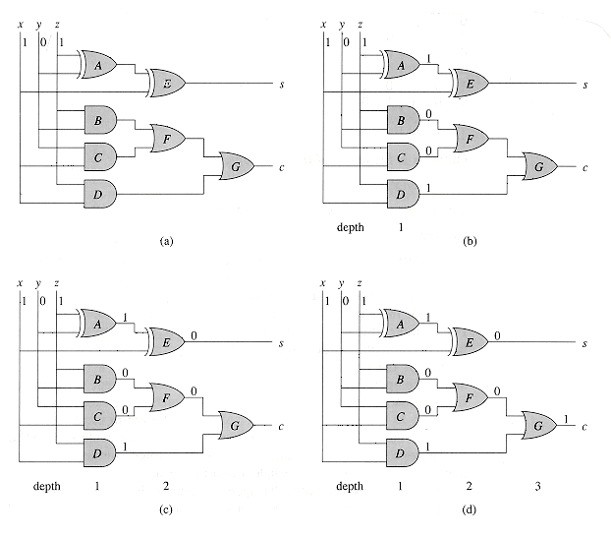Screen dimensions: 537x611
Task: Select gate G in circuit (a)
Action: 237,167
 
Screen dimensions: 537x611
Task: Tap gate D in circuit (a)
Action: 99,193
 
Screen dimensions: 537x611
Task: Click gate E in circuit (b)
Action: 469,84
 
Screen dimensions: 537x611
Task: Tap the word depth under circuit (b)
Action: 349,227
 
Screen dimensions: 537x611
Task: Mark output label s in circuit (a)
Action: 282,85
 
